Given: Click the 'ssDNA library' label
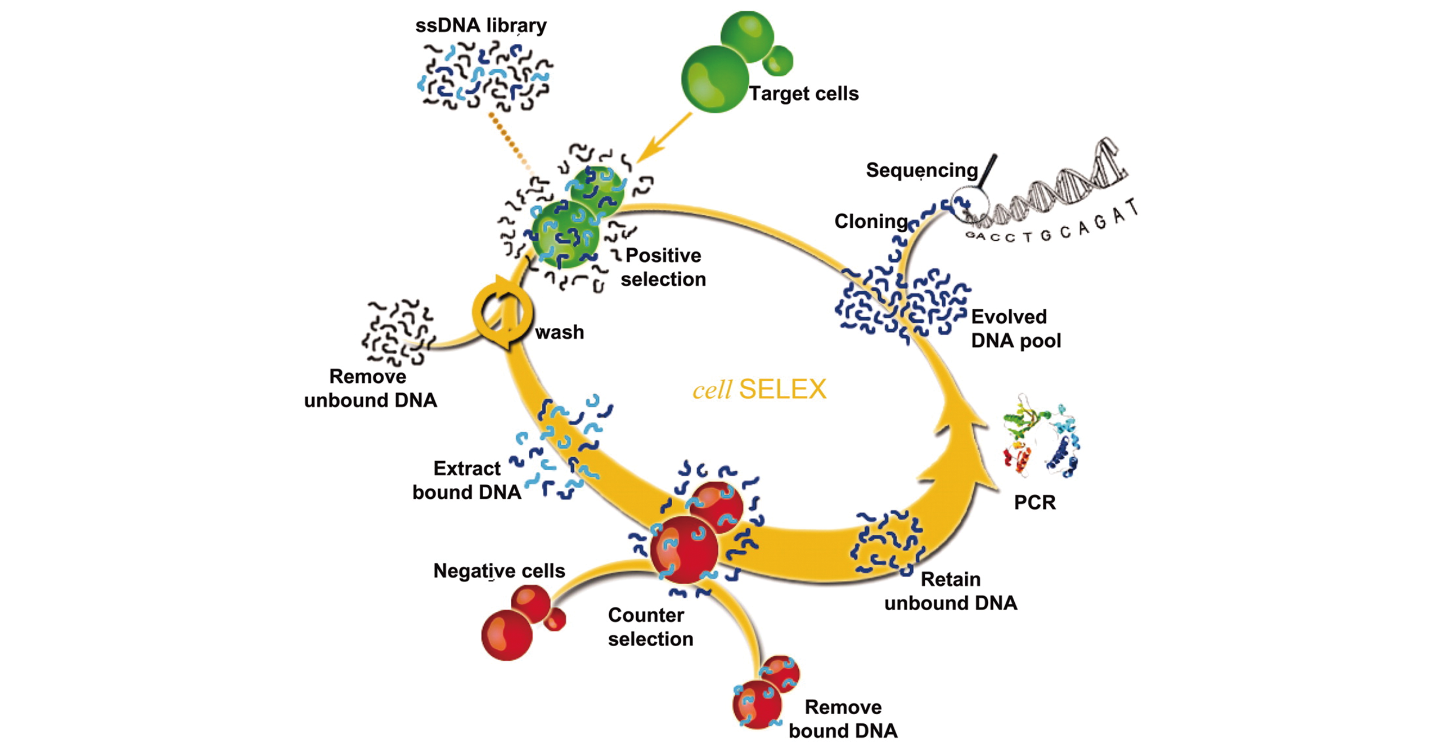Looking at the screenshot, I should (480, 26).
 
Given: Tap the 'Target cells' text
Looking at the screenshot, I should (803, 93).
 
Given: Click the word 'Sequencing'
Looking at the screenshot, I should (921, 170).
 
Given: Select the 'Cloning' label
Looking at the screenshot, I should (871, 222).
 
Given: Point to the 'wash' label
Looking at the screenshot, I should (559, 332).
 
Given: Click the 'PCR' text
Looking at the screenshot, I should (1034, 502).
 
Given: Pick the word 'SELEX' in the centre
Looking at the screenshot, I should (782, 389).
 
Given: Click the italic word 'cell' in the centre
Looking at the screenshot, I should (712, 390).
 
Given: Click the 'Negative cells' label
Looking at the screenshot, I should (498, 571).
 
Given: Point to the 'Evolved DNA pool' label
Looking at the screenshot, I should (1015, 328).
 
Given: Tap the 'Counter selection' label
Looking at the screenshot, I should (650, 627).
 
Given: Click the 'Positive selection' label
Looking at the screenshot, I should (663, 267).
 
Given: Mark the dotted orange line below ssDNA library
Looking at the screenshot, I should (509, 141).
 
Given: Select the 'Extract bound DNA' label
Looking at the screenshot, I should (466, 480).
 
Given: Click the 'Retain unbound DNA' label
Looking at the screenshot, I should (951, 591).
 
